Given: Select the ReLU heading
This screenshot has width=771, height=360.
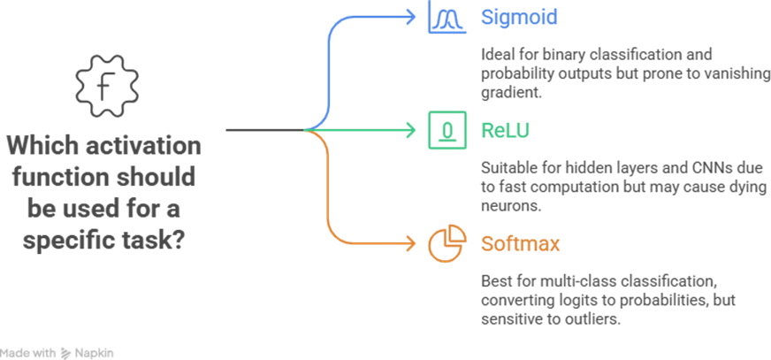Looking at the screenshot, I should point(507,130).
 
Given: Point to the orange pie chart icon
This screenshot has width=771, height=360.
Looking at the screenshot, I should point(447,242).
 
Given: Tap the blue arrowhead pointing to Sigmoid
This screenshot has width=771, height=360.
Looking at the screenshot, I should point(410,15).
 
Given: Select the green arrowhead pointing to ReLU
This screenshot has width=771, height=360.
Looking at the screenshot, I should point(410,130).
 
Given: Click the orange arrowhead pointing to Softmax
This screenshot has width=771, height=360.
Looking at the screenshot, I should point(410,242).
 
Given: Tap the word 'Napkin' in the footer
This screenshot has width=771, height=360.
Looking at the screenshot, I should point(95,352).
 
